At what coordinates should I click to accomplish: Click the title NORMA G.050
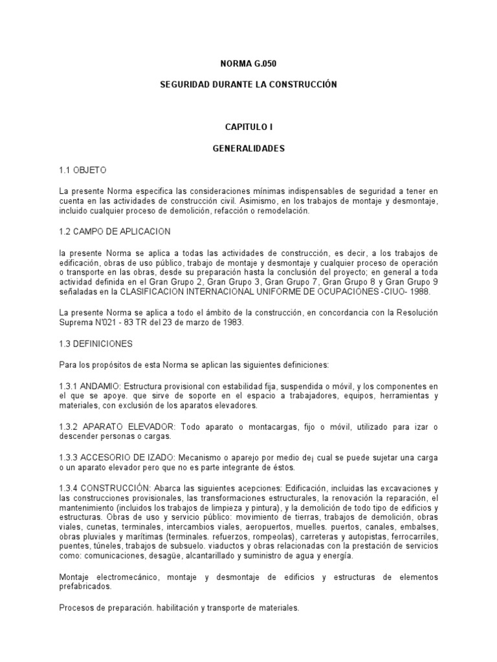point(248,64)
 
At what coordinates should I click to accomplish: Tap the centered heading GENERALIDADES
point(248,149)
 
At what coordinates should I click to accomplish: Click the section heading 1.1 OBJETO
point(82,170)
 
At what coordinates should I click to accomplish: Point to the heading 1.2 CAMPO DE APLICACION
point(115,231)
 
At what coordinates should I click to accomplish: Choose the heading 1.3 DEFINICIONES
point(95,343)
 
